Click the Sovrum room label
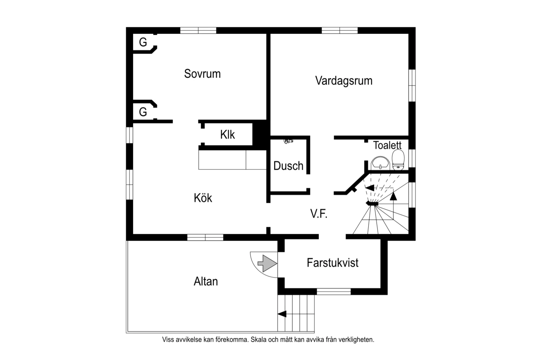[202, 74]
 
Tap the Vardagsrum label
[344, 81]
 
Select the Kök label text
[203, 198]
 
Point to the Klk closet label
[227, 135]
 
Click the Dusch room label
[288, 166]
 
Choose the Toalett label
[387, 145]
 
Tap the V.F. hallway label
[319, 214]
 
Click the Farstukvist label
[333, 263]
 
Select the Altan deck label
[206, 281]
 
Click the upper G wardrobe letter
[143, 43]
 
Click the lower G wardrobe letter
[143, 112]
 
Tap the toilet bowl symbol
[398, 160]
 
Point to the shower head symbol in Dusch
[288, 141]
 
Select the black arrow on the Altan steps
[282, 314]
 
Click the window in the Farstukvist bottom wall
[334, 292]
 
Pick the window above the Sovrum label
[198, 30]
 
